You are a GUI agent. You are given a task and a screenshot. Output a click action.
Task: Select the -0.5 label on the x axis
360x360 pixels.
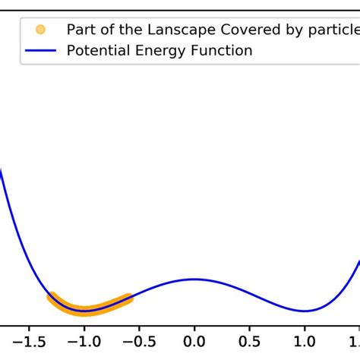click(x=139, y=342)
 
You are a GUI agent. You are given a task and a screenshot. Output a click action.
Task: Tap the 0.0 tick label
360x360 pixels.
click(x=194, y=342)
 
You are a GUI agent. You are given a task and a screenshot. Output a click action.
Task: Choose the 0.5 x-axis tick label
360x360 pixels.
click(x=250, y=342)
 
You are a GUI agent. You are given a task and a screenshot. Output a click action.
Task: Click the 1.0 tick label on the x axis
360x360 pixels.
click(x=305, y=342)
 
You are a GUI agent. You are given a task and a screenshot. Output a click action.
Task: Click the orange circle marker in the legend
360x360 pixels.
click(x=40, y=30)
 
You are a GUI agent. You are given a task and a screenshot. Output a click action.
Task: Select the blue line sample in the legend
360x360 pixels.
click(x=40, y=51)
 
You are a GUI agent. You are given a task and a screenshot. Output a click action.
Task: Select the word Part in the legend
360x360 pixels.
click(x=80, y=30)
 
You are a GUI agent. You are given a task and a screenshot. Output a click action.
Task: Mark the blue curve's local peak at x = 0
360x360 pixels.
click(x=194, y=279)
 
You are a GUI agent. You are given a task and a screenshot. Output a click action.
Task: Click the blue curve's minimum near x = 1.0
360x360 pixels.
click(x=305, y=311)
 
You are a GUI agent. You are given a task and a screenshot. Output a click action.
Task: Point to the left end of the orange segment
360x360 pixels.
click(x=51, y=296)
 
